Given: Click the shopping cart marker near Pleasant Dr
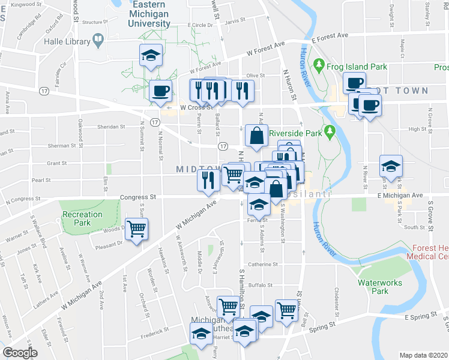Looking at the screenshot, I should point(137,229).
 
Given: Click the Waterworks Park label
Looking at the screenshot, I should point(378,287).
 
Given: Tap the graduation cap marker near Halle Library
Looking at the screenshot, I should point(150,56).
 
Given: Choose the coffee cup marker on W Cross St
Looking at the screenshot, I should point(160,92).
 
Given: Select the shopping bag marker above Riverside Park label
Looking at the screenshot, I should point(257,136).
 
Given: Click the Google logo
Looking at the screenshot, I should point(19,353).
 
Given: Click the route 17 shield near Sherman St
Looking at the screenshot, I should point(223,146).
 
